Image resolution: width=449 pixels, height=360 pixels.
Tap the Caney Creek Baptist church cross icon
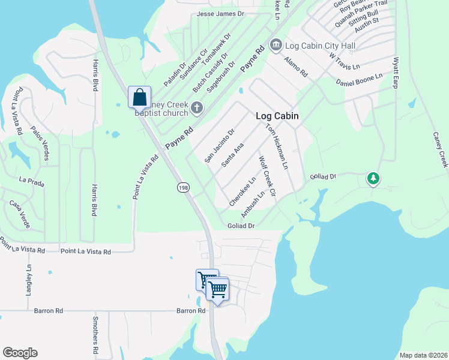pyautogui.click(x=196, y=109)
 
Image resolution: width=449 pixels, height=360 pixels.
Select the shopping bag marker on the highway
pyautogui.click(x=139, y=97)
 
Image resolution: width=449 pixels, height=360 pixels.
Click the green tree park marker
pyautogui.click(x=373, y=178)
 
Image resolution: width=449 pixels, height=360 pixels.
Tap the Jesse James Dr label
pyautogui.click(x=221, y=13)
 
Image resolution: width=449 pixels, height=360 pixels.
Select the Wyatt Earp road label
pyautogui.click(x=396, y=71)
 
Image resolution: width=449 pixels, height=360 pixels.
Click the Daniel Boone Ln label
pyautogui.click(x=359, y=79)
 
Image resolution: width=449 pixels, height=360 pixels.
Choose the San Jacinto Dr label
pyautogui.click(x=219, y=146)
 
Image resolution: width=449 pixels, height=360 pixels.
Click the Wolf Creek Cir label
pyautogui.click(x=266, y=178)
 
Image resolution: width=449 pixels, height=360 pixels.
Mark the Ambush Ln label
pyautogui.click(x=253, y=205)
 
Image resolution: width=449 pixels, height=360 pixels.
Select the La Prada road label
pyautogui.click(x=32, y=179)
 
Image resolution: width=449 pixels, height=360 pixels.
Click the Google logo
pyautogui.click(x=20, y=353)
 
